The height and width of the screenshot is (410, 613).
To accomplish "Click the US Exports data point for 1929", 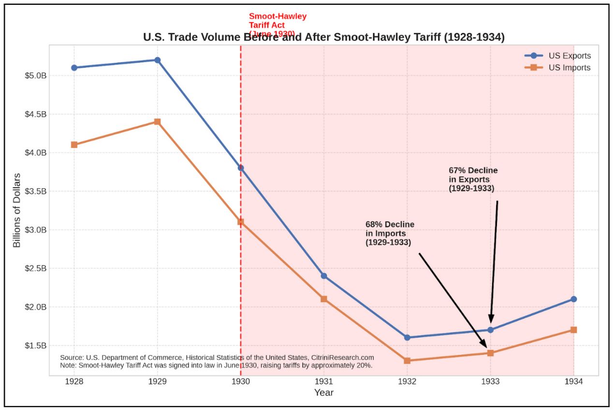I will pyautogui.click(x=157, y=60).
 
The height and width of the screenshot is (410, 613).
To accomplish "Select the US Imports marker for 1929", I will pyautogui.click(x=157, y=122).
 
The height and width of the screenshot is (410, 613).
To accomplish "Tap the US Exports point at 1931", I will pyautogui.click(x=324, y=276).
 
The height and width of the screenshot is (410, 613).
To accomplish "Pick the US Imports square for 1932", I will pyautogui.click(x=407, y=361).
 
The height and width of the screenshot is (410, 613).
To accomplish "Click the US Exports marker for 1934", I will pyautogui.click(x=573, y=299).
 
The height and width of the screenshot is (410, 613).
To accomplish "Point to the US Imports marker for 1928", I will pyautogui.click(x=74, y=145).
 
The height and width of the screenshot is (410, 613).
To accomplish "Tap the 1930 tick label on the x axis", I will pyautogui.click(x=241, y=381).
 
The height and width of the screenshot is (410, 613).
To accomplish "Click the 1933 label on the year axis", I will pyautogui.click(x=490, y=381).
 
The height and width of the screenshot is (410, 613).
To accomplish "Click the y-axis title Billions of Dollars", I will pyautogui.click(x=17, y=210).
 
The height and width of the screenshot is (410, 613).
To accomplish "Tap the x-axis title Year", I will pyautogui.click(x=323, y=393).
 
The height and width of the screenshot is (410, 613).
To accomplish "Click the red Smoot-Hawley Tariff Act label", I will pyautogui.click(x=277, y=25).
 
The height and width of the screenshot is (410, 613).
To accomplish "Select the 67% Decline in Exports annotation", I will pyautogui.click(x=472, y=180).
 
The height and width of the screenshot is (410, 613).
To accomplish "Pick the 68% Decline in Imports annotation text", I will pyautogui.click(x=389, y=234).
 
